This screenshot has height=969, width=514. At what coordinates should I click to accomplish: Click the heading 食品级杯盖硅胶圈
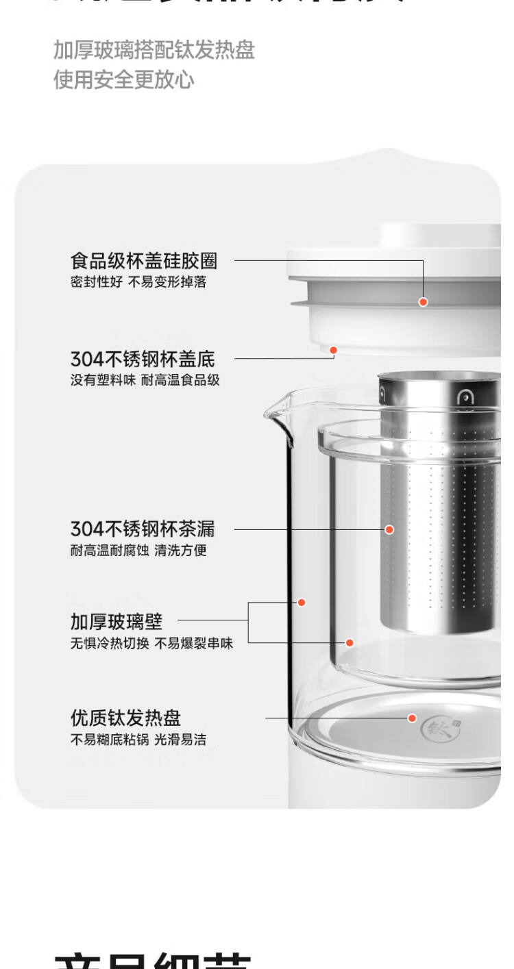click(144, 261)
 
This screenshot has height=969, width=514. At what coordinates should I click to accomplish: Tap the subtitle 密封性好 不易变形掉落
click(138, 282)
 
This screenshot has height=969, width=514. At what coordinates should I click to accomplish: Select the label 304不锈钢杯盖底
click(143, 359)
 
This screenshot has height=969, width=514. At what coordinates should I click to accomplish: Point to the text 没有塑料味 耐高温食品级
click(145, 380)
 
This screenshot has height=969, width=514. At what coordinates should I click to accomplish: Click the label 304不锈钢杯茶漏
click(143, 529)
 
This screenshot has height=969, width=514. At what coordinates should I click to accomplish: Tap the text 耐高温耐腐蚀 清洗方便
click(138, 550)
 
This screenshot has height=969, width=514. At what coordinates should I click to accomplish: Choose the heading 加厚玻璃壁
click(117, 621)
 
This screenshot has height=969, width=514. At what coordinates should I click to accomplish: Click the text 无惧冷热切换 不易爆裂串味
click(151, 643)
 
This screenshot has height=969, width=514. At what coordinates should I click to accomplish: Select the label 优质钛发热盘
click(125, 718)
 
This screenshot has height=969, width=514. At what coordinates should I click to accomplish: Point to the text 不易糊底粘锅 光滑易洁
click(138, 740)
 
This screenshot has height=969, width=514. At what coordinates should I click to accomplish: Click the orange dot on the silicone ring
click(423, 301)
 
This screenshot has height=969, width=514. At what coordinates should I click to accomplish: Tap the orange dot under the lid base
click(333, 350)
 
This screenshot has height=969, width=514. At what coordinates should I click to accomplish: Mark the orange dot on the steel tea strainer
click(389, 529)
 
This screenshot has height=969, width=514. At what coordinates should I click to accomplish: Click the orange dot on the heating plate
click(412, 718)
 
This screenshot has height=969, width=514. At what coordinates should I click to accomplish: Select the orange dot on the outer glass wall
click(301, 603)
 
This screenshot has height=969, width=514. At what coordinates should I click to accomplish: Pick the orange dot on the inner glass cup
click(349, 642)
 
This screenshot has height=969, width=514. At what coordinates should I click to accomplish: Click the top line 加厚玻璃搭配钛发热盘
click(154, 50)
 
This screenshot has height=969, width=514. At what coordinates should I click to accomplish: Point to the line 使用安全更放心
click(124, 80)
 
